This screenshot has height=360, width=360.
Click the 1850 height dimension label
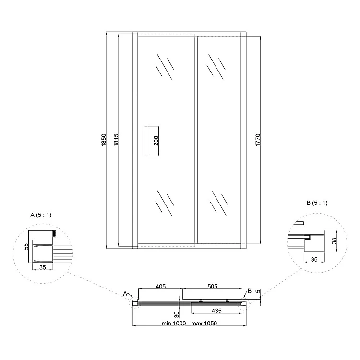click(104, 140)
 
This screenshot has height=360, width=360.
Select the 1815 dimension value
click(116, 140)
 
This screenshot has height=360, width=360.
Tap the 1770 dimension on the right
click(258, 140)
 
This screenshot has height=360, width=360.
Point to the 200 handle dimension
click(156, 141)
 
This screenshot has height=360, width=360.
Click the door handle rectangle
click(151, 141)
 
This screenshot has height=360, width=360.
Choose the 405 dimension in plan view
click(161, 286)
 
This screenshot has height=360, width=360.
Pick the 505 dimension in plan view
click(212, 286)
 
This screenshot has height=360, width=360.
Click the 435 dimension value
click(216, 311)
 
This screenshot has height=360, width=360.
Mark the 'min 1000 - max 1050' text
click(189, 323)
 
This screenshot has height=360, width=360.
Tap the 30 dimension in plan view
click(176, 314)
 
